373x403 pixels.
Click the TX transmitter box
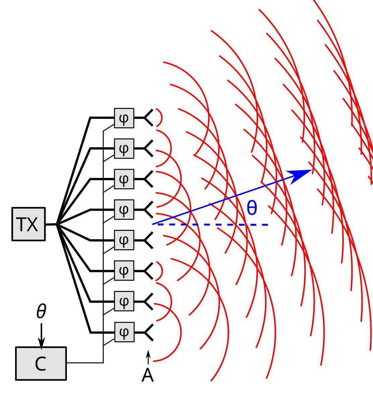29,224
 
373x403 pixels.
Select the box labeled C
41,363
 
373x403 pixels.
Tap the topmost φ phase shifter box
124,118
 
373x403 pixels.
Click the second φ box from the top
124,148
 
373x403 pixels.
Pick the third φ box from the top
124,179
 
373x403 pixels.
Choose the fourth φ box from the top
124,210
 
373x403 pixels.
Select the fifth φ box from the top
124,240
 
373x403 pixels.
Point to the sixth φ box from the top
124,271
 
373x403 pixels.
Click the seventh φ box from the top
124,302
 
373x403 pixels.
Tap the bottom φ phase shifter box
124,332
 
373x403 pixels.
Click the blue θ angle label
252,208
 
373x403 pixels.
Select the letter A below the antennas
148,375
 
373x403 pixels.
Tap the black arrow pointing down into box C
41,336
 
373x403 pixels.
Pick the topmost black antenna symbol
149,118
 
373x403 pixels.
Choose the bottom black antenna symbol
149,332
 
